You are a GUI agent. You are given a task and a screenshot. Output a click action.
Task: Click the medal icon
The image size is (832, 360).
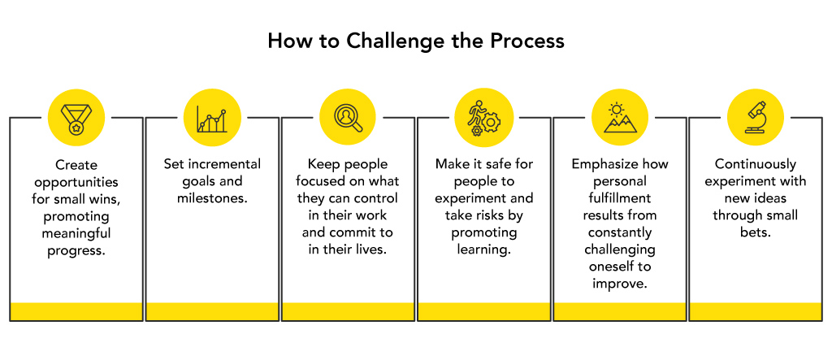(76, 118)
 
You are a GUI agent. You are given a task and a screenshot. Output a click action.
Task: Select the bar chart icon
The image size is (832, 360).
(212, 119)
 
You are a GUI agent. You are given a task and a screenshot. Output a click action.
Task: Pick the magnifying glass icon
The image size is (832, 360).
(348, 118)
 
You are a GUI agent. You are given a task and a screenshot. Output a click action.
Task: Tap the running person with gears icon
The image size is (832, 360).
(484, 118)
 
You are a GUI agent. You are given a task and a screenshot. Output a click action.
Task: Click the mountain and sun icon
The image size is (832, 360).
(620, 117)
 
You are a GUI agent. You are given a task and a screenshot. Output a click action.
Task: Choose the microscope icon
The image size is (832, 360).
(756, 117)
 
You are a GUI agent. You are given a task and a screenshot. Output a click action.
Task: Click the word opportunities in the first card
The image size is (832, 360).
(76, 182)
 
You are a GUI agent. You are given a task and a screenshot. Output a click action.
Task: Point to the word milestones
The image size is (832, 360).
(211, 199)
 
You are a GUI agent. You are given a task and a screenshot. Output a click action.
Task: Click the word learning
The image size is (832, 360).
(483, 249)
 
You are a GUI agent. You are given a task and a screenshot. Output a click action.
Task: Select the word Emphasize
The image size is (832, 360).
(601, 165)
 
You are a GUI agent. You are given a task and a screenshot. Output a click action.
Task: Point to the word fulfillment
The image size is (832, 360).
(619, 198)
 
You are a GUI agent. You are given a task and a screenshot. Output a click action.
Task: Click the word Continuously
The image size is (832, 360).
(755, 165)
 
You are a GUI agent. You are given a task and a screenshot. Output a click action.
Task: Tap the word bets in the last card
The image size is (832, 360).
(755, 232)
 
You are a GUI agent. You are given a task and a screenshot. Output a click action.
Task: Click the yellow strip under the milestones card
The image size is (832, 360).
(212, 311)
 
